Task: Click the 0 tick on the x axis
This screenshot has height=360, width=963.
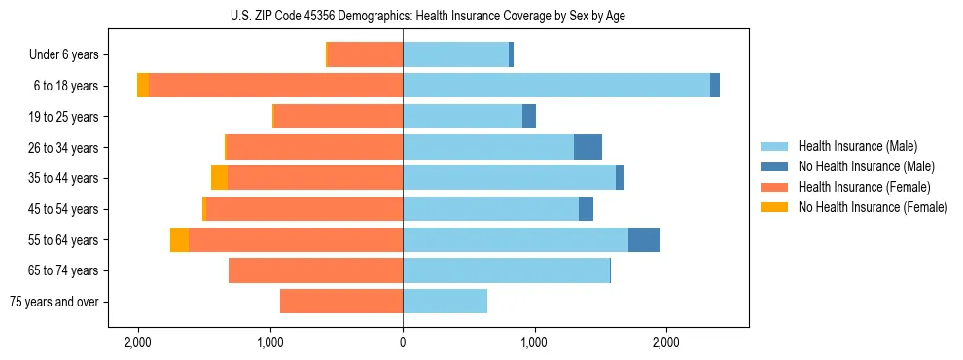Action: (x=403, y=342)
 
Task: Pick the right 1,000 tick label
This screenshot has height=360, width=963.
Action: (x=533, y=342)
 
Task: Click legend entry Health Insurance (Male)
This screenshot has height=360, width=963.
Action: (x=857, y=147)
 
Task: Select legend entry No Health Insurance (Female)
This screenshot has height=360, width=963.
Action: (x=873, y=207)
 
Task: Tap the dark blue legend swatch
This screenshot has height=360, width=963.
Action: (x=775, y=166)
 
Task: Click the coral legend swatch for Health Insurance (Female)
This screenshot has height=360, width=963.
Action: (x=775, y=187)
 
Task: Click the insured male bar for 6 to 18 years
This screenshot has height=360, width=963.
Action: (x=555, y=86)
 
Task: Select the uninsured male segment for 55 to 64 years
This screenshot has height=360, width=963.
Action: (x=644, y=239)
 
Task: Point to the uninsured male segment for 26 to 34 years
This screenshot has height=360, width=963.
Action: (x=588, y=147)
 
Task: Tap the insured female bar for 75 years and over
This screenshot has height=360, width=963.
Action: (x=341, y=302)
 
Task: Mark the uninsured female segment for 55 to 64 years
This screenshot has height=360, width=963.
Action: (x=179, y=239)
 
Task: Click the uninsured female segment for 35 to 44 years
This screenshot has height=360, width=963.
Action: (x=219, y=178)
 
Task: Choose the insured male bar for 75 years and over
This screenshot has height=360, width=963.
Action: (x=445, y=302)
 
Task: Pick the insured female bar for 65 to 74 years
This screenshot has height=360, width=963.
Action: (x=315, y=270)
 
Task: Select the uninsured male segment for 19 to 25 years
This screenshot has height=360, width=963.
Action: (x=529, y=117)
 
